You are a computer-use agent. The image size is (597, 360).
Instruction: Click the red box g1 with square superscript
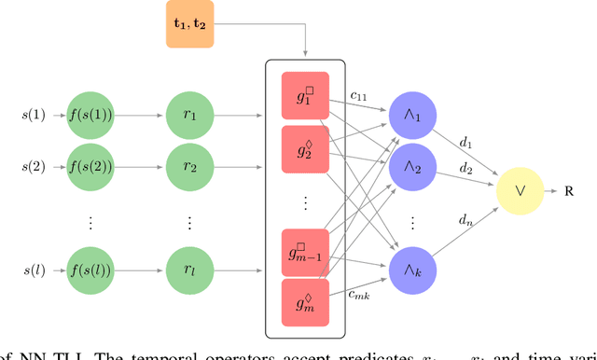point(305,96)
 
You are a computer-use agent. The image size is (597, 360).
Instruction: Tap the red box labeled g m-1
point(305,252)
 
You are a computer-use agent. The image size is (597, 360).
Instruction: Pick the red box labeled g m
point(305,303)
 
